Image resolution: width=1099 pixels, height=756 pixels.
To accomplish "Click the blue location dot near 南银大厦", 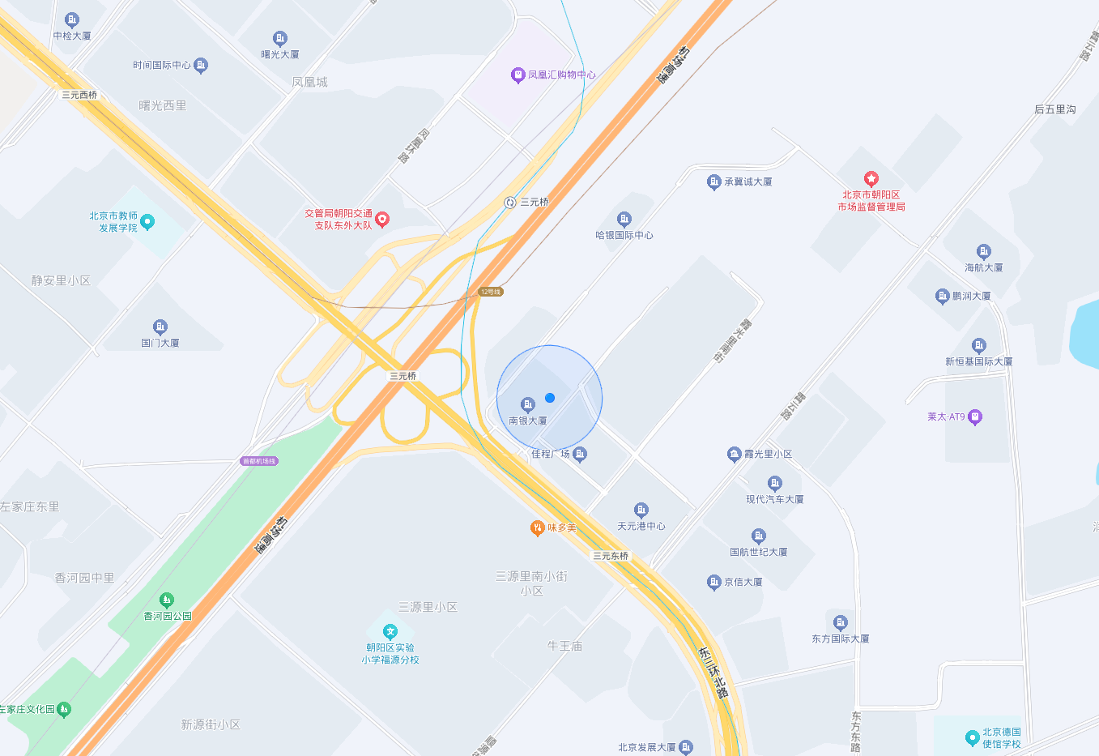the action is [x=550, y=398].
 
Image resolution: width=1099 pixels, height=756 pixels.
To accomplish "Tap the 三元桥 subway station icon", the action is [x=510, y=203].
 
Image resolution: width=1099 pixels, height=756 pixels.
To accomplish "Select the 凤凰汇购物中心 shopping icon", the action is [x=518, y=75].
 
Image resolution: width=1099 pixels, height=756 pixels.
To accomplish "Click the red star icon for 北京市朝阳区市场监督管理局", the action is [x=871, y=179].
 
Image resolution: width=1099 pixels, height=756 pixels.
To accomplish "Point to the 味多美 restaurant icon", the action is [x=537, y=528].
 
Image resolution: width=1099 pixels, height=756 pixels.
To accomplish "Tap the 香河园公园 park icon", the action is [x=167, y=600].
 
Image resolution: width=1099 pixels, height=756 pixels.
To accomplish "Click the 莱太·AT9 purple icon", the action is [x=975, y=417].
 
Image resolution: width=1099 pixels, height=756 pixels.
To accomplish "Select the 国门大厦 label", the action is [x=160, y=343].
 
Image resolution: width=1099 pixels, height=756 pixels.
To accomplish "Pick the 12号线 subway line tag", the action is [x=491, y=292].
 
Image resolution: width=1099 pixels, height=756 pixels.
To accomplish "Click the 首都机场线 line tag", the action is [x=259, y=461].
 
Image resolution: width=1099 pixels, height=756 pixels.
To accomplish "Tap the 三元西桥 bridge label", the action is [x=79, y=95].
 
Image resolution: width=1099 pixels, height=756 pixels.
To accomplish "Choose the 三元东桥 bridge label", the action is [x=611, y=556].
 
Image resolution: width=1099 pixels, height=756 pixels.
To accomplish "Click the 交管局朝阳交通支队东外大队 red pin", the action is [x=382, y=220].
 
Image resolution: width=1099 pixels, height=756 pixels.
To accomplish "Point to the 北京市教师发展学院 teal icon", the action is [x=147, y=222].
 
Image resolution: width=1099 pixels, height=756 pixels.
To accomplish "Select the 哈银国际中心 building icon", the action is [x=624, y=220].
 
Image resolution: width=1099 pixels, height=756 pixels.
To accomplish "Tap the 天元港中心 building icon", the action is [x=641, y=510].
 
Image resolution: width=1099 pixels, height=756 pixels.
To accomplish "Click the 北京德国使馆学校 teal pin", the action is [x=973, y=737].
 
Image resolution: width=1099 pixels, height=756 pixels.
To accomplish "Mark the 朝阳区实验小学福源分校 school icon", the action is [x=390, y=632].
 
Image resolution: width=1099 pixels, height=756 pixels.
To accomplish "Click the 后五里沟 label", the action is [x=1054, y=109].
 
